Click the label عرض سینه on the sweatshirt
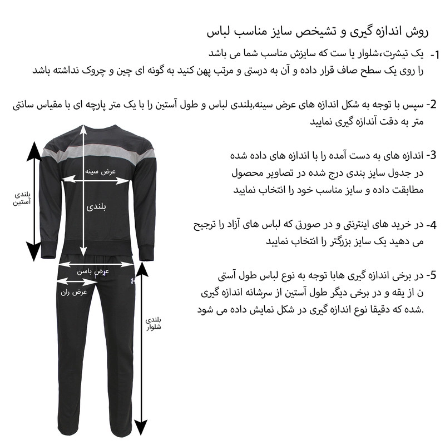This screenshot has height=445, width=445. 100,171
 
